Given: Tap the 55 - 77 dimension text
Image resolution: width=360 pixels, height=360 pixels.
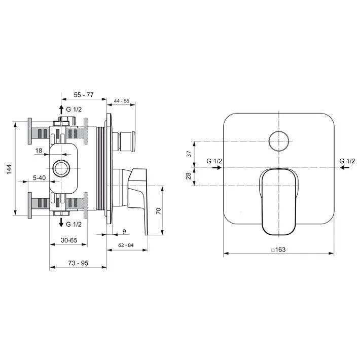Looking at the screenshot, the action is click(83, 95).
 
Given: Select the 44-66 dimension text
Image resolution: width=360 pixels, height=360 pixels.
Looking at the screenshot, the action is click(122, 101).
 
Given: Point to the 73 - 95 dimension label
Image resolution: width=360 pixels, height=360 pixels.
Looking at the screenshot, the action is click(78, 263).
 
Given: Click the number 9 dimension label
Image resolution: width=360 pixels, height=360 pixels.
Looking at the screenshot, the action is click(124, 232).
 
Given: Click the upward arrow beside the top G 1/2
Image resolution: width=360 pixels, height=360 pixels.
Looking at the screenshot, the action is click(61, 109).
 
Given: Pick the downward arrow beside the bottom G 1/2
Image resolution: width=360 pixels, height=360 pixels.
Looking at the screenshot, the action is click(61, 224).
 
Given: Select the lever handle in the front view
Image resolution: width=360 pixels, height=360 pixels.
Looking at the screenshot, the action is click(278, 200).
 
